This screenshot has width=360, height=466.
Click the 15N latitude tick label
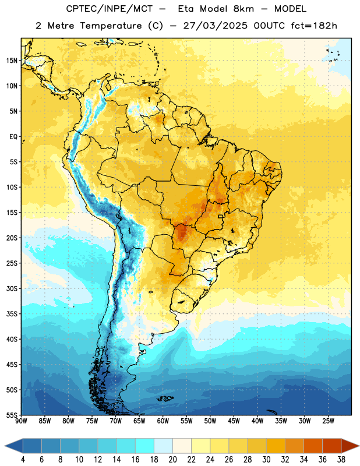pos(12,61)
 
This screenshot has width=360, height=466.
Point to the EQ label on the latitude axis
pos(13,137)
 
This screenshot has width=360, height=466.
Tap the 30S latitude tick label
pos(12,288)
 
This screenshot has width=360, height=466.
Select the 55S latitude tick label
pos(12,415)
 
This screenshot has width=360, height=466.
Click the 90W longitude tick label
pos(21,421)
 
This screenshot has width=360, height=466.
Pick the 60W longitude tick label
pos(163,421)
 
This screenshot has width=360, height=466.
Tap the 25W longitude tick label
pos(328,421)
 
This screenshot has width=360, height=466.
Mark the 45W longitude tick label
pos(234,421)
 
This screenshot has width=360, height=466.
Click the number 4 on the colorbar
pos(23,460)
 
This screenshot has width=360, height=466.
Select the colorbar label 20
pos(172,460)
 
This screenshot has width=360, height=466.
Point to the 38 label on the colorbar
pos(341,460)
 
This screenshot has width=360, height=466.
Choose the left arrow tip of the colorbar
pos(5,446)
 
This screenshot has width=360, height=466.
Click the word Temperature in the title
pos(111,26)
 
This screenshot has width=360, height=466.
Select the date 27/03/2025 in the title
pos(215,26)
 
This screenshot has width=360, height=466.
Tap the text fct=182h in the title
pos(314,26)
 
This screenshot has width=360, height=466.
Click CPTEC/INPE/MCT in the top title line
pos(110,9)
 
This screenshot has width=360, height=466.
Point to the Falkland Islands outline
pos(165,398)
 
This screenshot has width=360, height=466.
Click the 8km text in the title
pos(243,9)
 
